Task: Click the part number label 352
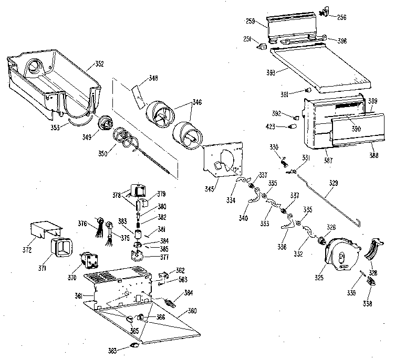point(99,65)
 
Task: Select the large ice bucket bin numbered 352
point(53,79)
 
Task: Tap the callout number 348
point(153,78)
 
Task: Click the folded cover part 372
point(46,230)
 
